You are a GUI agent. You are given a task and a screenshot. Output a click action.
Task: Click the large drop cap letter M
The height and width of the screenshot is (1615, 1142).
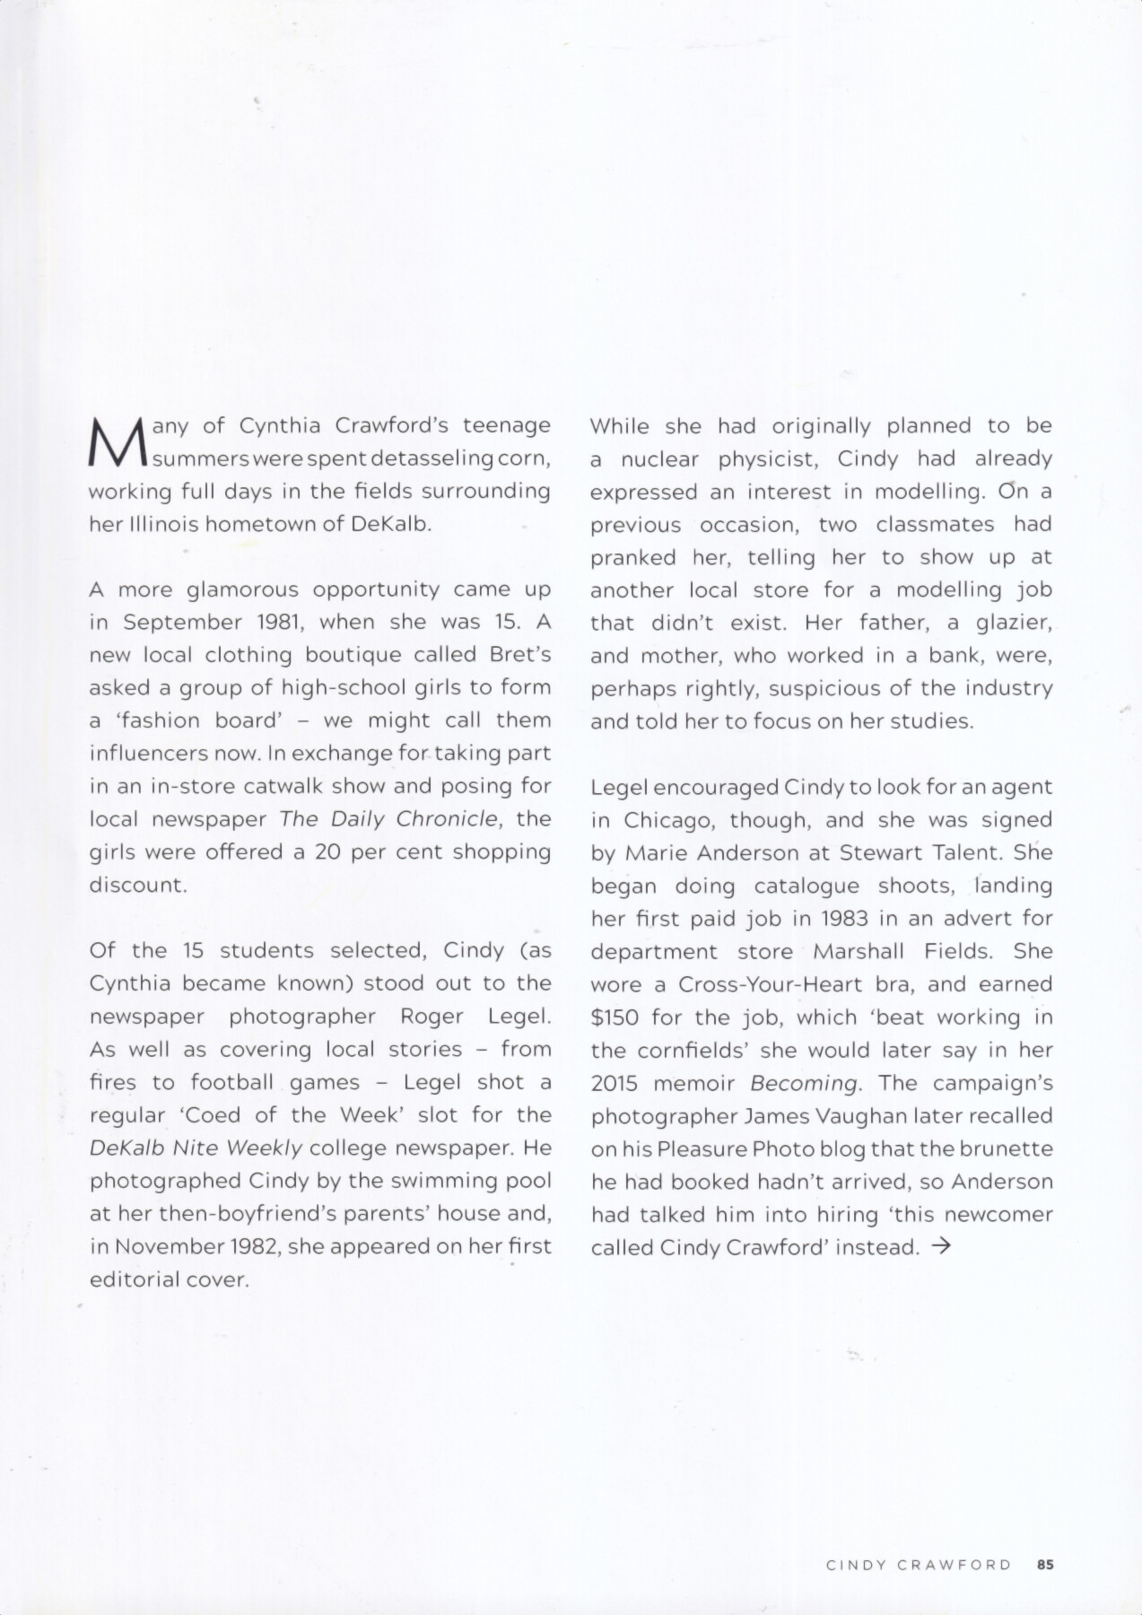[x=118, y=442]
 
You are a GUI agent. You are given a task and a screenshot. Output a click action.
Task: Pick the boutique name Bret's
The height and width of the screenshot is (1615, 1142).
[x=520, y=654]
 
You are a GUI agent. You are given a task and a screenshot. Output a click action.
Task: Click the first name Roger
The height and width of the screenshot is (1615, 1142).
[x=432, y=1016]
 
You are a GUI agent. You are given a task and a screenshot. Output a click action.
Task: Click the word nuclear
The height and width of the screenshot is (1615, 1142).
[x=659, y=458]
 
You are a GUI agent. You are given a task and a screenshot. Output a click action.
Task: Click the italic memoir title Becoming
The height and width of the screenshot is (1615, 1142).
[x=805, y=1083]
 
